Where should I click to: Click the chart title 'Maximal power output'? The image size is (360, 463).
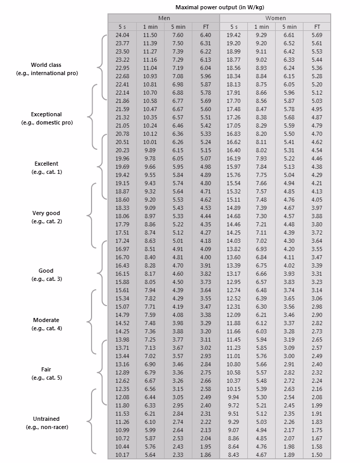(219, 8)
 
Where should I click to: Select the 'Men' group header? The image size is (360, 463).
(164, 18)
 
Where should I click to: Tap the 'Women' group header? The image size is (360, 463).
(275, 18)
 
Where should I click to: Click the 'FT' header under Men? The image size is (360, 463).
(206, 26)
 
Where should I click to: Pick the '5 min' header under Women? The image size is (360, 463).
(289, 26)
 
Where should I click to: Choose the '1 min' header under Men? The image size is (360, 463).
(150, 26)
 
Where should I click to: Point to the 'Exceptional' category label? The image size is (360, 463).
(46, 114)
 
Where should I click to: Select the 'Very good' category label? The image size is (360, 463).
(46, 213)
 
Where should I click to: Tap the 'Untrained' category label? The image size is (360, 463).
(46, 419)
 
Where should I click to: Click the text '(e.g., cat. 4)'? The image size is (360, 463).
(47, 328)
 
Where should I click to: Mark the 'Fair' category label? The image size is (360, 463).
(46, 369)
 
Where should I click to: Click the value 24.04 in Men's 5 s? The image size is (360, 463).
(122, 34)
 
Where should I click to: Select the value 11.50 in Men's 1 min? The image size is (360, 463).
(150, 34)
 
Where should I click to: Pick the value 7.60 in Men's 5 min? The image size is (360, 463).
(178, 34)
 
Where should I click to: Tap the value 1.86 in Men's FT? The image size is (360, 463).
(206, 455)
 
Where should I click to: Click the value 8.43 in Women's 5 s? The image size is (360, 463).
(234, 455)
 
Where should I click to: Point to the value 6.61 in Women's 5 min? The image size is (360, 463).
(290, 34)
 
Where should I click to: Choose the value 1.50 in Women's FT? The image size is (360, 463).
(317, 455)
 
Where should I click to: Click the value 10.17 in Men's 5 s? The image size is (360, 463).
(122, 455)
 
